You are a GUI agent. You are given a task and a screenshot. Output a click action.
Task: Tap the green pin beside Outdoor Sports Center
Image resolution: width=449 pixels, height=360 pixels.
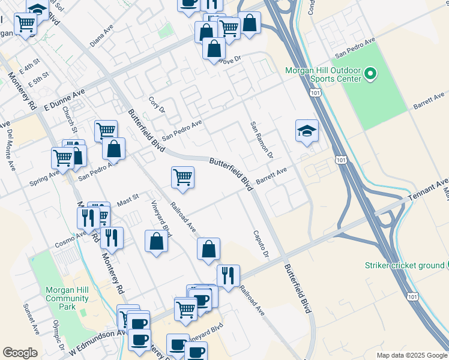(370, 75)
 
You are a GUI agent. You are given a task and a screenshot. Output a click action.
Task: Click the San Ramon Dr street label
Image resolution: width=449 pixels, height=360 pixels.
(262, 140)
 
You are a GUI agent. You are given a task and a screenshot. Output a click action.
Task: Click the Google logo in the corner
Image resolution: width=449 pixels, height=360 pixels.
(20, 353)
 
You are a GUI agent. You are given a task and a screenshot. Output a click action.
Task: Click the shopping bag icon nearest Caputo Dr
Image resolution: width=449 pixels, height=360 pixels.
(208, 249)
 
